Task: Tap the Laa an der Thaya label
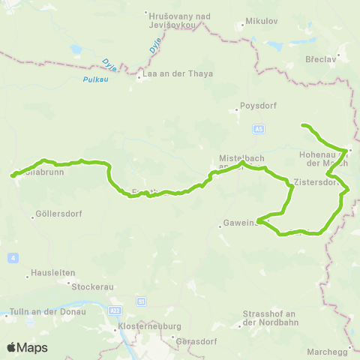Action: pyautogui.click(x=180, y=73)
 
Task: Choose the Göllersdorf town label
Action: pyautogui.click(x=58, y=214)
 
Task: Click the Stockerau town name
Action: pyautogui.click(x=91, y=286)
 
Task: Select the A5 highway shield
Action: pyautogui.click(x=259, y=129)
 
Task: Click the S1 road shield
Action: pyautogui.click(x=141, y=301)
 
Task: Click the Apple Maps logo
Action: pyautogui.click(x=27, y=347)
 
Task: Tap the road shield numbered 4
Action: pyautogui.click(x=13, y=258)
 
